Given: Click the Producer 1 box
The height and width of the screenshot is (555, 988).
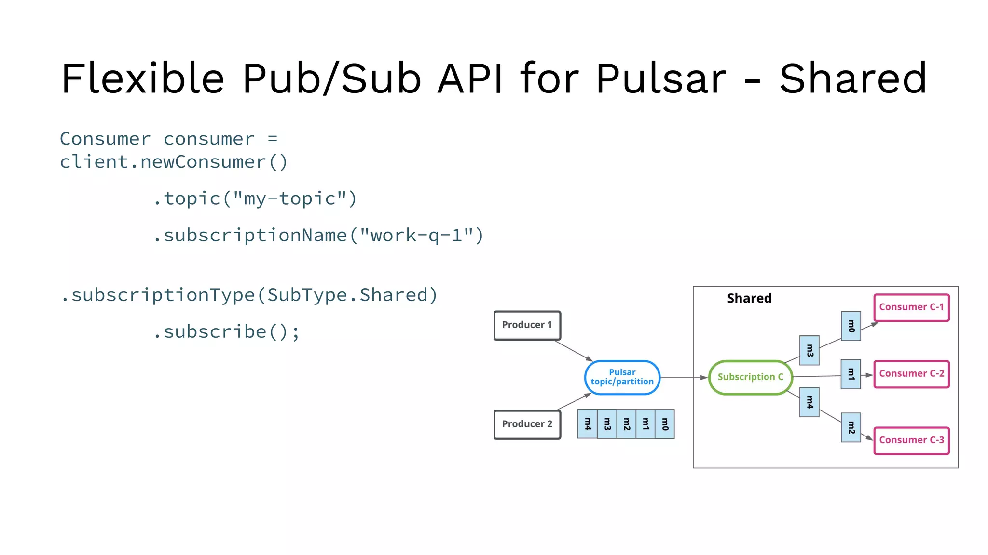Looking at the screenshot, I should pyautogui.click(x=527, y=325).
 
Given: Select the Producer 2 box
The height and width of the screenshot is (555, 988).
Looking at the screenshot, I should pyautogui.click(x=527, y=424).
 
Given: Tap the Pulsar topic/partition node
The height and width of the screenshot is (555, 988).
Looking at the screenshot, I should pyautogui.click(x=622, y=377).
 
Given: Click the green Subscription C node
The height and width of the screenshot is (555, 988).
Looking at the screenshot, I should pyautogui.click(x=750, y=377).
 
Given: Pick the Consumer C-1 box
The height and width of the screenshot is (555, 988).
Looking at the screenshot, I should pyautogui.click(x=911, y=307).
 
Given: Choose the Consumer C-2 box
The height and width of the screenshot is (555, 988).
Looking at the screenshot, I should pyautogui.click(x=911, y=374).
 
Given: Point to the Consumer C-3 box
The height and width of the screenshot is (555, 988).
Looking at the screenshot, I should pyautogui.click(x=911, y=440).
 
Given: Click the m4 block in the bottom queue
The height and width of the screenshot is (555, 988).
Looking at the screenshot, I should pyautogui.click(x=587, y=424).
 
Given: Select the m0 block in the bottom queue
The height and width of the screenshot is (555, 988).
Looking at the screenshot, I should pyautogui.click(x=665, y=424).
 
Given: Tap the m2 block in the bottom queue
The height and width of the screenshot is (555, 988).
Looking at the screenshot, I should pyautogui.click(x=626, y=424).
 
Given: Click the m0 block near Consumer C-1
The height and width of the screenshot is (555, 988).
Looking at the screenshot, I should pyautogui.click(x=851, y=326).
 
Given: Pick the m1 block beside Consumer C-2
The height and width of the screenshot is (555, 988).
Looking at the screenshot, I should pyautogui.click(x=851, y=374).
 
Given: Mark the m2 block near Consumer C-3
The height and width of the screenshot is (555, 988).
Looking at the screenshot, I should pyautogui.click(x=851, y=427).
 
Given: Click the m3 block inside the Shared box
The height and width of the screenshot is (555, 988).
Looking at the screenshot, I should pyautogui.click(x=809, y=350).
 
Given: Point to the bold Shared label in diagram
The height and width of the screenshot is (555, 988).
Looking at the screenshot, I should pyautogui.click(x=749, y=298).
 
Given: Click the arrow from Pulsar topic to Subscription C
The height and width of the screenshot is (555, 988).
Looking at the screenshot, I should pyautogui.click(x=683, y=378).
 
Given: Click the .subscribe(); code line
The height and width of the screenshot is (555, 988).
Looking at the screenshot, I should pyautogui.click(x=227, y=332).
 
